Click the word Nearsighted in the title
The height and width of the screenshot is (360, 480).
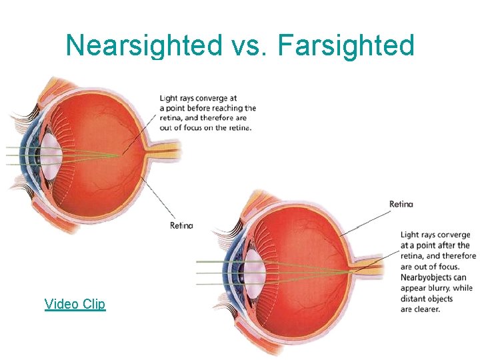click(143, 45)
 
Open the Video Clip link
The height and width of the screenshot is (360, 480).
click(75, 304)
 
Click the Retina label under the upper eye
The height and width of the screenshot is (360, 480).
click(181, 225)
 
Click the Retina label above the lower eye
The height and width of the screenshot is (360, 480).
click(401, 203)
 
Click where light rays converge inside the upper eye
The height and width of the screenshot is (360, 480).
click(120, 155)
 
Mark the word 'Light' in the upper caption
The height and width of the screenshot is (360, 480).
click(169, 98)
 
